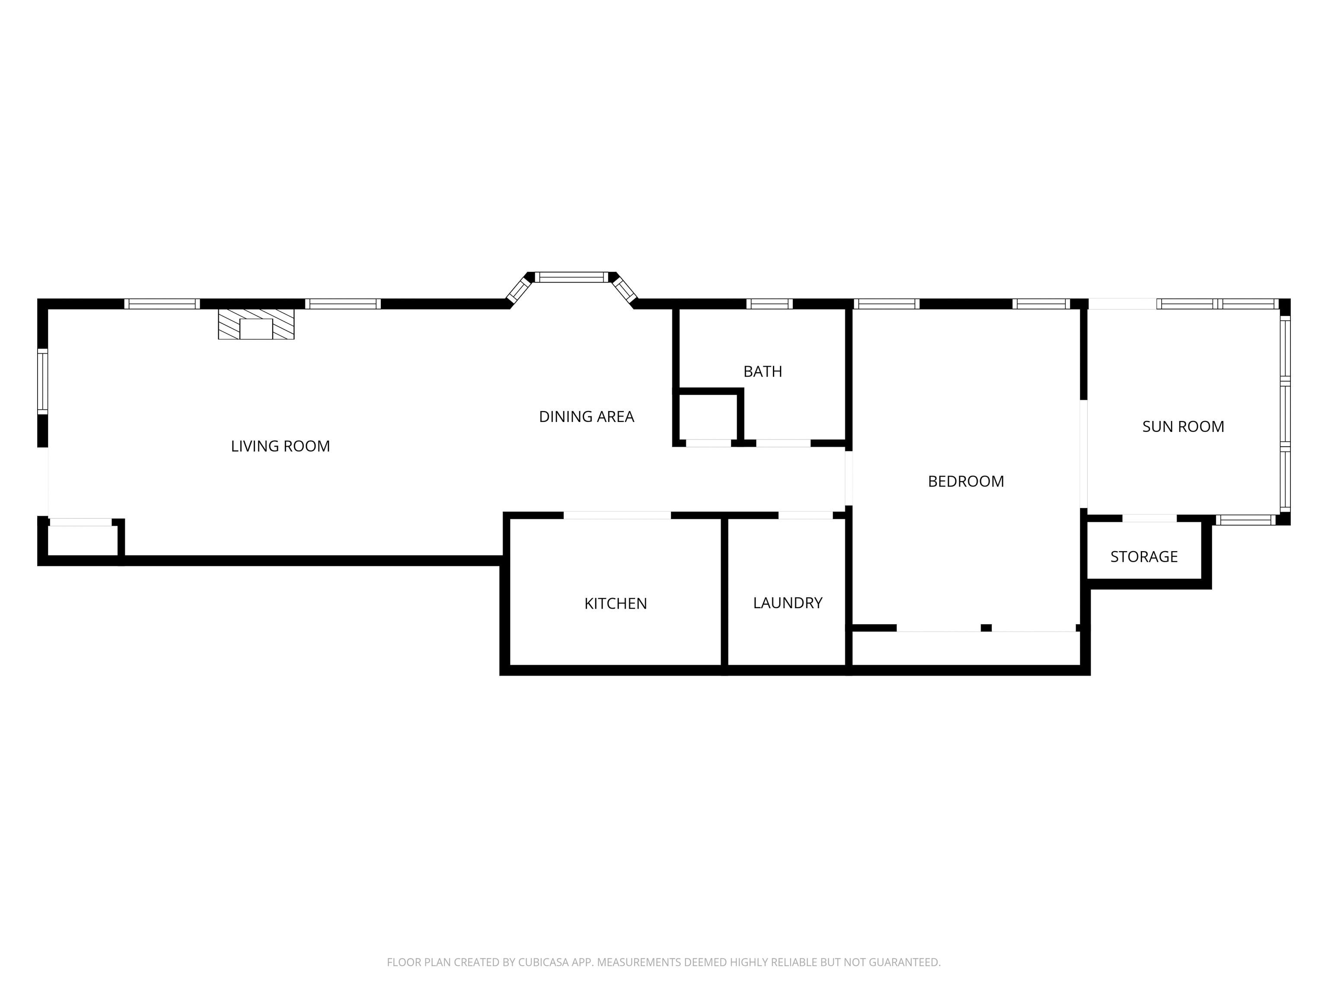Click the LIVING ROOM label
click(x=281, y=446)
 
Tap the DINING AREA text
click(x=587, y=417)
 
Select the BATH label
click(x=763, y=372)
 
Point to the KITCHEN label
click(x=616, y=603)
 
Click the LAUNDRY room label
click(x=788, y=603)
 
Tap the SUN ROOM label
click(x=1183, y=427)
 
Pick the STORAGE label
click(x=1144, y=556)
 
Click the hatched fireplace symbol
click(x=256, y=324)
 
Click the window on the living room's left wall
click(x=43, y=381)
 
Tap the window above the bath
click(x=769, y=304)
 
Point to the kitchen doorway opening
click(x=617, y=515)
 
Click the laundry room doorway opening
click(x=806, y=515)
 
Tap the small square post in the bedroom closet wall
click(x=986, y=628)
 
